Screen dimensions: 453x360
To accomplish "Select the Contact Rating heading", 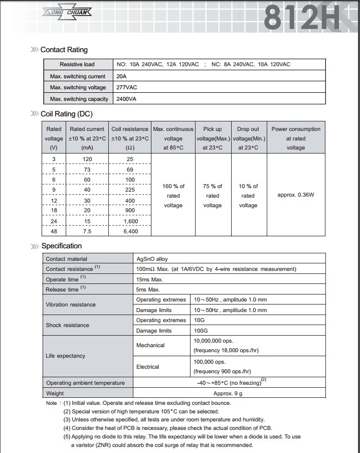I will click(x=64, y=50).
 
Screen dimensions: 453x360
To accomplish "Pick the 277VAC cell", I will click(x=127, y=87).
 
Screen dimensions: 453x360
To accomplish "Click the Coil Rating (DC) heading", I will click(x=66, y=114).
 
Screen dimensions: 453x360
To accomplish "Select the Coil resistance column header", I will click(x=130, y=138).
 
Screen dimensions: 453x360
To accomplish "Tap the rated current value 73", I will click(x=87, y=169).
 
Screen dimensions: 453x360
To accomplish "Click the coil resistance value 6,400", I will click(x=130, y=231).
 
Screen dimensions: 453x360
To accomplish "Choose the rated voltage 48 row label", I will click(x=54, y=231).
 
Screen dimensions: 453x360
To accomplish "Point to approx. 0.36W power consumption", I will click(x=296, y=195).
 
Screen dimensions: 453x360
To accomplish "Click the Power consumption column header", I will click(x=296, y=138).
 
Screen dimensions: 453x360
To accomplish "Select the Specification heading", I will click(x=61, y=246).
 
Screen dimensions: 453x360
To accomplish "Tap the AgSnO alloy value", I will click(x=152, y=259).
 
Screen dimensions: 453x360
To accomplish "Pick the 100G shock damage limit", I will click(x=201, y=331).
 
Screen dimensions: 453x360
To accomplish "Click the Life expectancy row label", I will click(x=65, y=356).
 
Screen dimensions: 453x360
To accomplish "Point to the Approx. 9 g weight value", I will click(x=229, y=393).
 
